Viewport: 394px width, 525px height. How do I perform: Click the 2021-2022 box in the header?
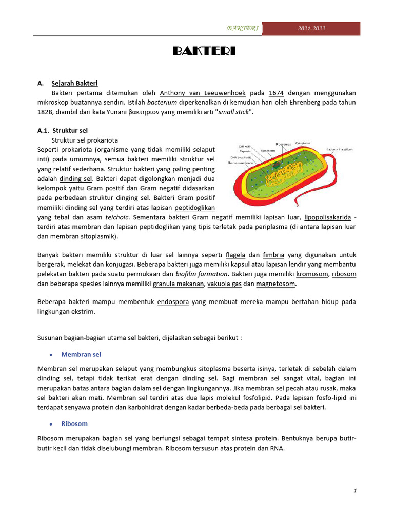click(x=311, y=29)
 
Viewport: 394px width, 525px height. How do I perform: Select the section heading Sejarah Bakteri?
click(x=74, y=83)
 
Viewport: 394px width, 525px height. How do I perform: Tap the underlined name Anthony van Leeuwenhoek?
click(x=203, y=93)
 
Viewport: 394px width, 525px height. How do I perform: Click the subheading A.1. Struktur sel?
click(x=63, y=130)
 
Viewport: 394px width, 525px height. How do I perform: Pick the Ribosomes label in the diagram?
click(x=283, y=144)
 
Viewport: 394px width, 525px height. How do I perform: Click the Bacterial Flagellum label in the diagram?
click(x=336, y=149)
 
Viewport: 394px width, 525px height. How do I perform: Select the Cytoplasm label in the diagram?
click(x=306, y=143)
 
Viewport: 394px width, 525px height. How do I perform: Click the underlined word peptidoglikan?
click(x=194, y=208)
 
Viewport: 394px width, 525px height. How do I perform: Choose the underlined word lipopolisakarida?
click(x=327, y=217)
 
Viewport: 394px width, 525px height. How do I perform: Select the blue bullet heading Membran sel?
click(x=81, y=354)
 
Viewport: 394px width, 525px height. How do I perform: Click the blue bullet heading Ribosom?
click(x=74, y=423)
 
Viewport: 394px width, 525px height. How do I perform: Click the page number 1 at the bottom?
click(x=355, y=491)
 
